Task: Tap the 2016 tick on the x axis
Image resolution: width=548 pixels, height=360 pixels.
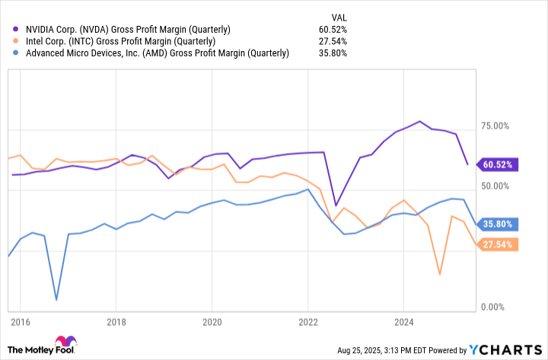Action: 20,321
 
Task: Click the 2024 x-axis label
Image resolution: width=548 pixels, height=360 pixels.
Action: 403,321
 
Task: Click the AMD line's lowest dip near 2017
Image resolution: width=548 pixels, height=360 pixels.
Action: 56,300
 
